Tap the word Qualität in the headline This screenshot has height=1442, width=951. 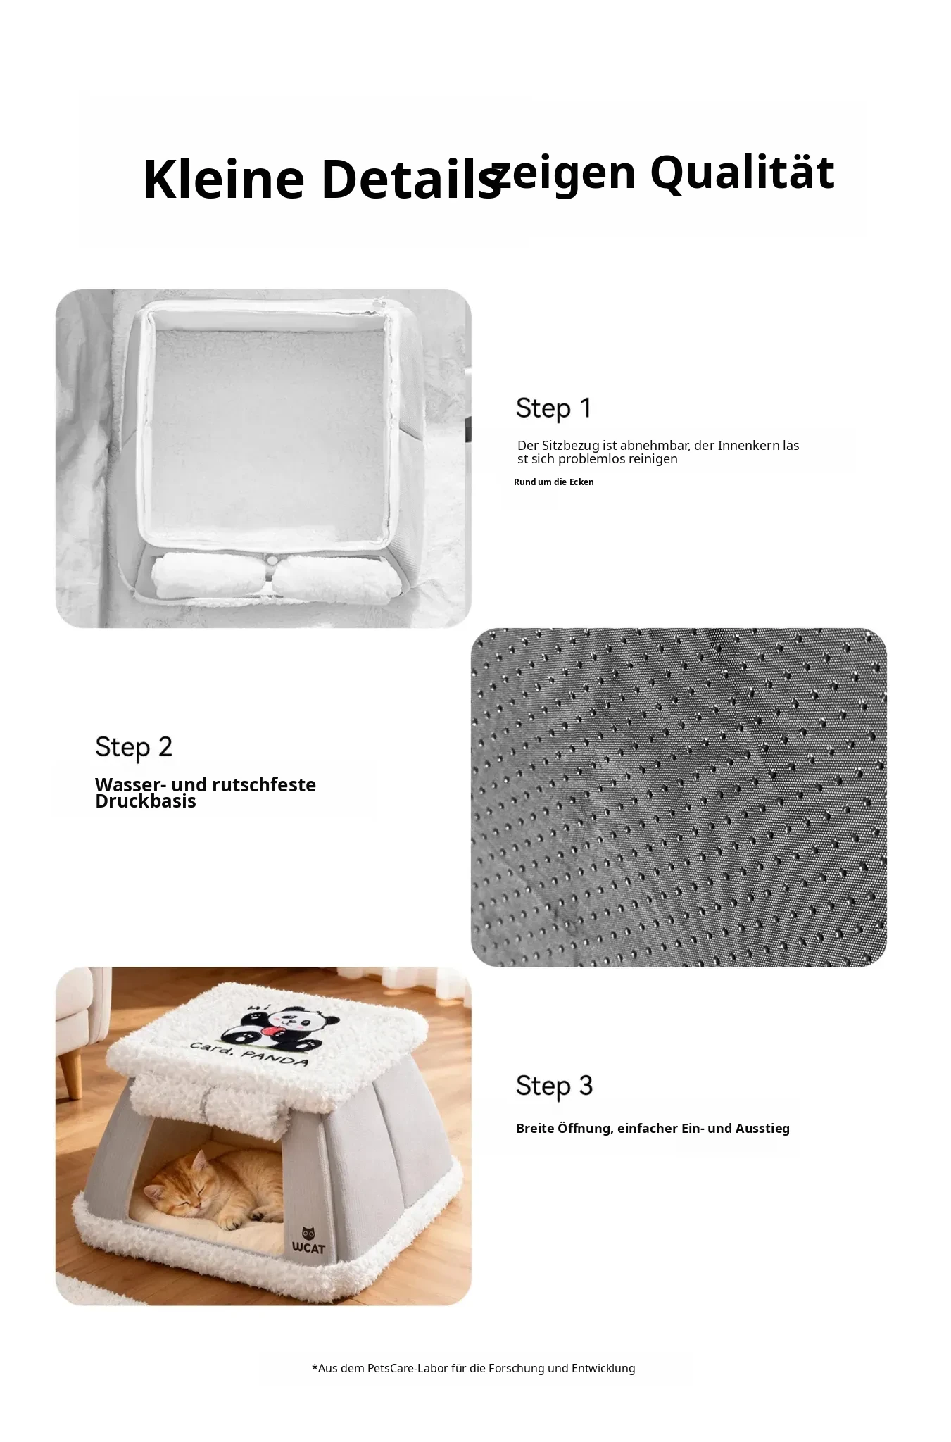pos(742,173)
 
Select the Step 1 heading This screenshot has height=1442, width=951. pos(554,408)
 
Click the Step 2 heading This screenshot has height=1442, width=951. pos(134,748)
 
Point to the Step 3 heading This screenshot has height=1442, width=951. pos(555,1086)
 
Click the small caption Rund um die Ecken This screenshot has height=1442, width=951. pos(554,482)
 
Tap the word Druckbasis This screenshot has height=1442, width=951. pos(146,802)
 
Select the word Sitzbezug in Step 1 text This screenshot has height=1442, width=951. pos(574,446)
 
